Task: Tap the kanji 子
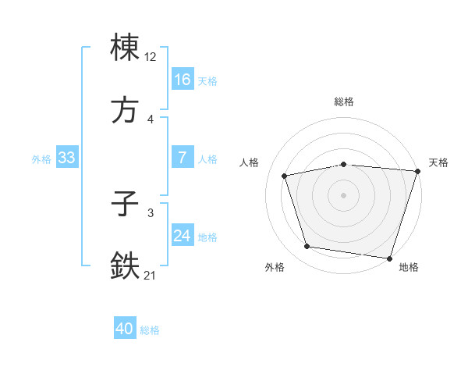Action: (126, 205)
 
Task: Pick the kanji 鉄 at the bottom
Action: (126, 266)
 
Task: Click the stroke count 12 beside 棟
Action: (151, 57)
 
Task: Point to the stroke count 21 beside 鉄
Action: (151, 276)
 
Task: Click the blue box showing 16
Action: (183, 79)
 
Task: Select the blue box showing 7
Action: (183, 158)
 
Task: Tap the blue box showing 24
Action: (183, 236)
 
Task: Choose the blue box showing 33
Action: (67, 158)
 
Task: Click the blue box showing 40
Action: (125, 329)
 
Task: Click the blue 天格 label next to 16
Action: (207, 80)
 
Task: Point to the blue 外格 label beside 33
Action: (41, 159)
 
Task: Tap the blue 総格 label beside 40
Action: (150, 330)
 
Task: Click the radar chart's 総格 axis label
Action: (344, 102)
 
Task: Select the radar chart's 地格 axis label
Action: (409, 267)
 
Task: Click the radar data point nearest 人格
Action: (285, 176)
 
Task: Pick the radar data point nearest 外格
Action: (307, 247)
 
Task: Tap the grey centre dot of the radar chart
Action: (344, 195)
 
